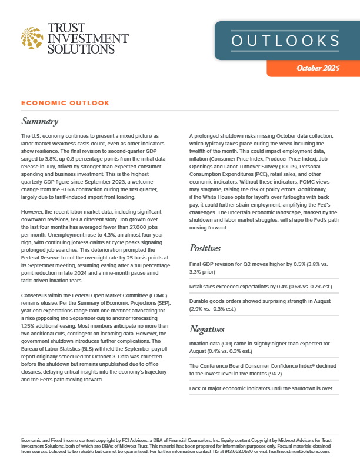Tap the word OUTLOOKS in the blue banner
pos(285,41)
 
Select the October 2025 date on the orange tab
pos(318,68)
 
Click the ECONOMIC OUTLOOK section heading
pos(65,103)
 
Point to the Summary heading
pos(39,122)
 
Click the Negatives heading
pos(209,328)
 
